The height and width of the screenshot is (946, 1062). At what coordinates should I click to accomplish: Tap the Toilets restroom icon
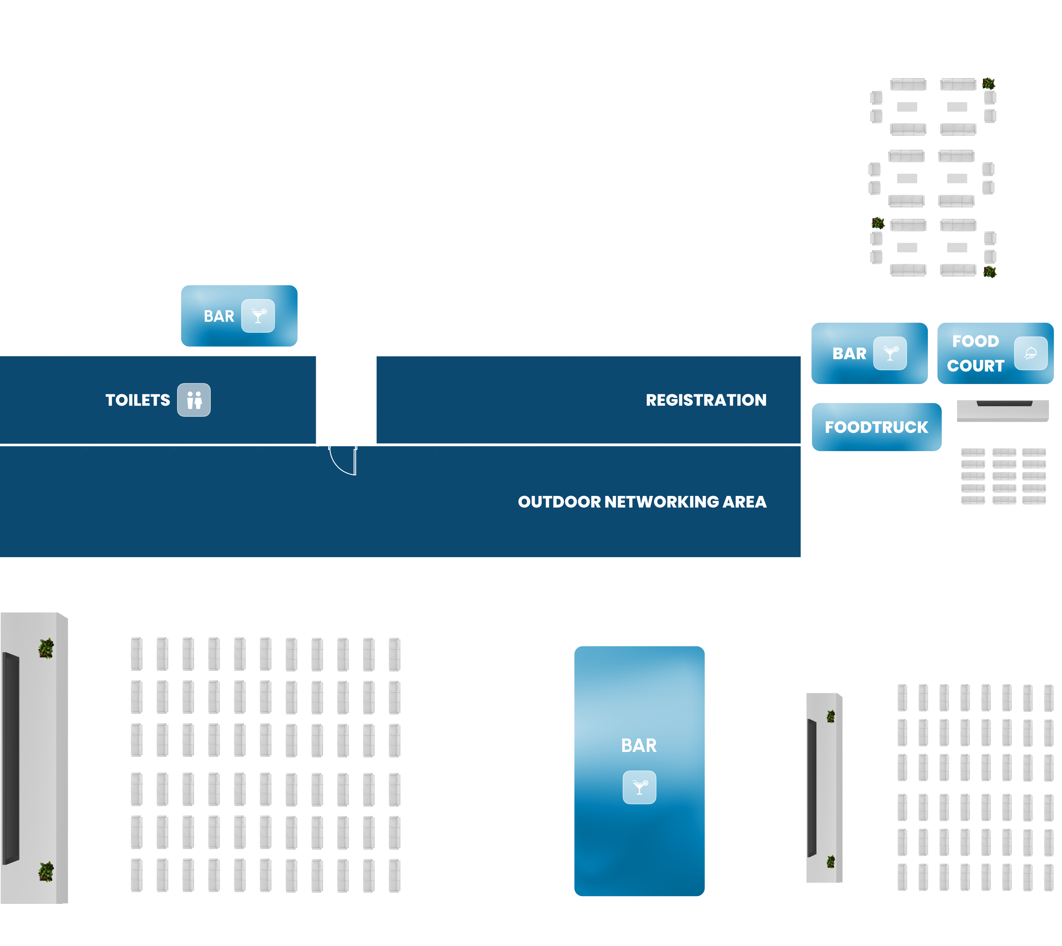pos(194,400)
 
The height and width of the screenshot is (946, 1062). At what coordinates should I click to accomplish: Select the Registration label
pos(705,400)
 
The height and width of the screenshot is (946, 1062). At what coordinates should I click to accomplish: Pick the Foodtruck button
pos(877,427)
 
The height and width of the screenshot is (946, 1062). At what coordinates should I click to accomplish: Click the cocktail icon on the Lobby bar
pos(639,788)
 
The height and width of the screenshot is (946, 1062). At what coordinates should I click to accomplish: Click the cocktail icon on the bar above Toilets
pos(258,316)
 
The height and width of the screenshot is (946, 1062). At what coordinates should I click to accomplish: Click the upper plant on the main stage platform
pos(46,648)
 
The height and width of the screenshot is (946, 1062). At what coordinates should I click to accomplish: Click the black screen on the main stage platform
pos(10,758)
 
